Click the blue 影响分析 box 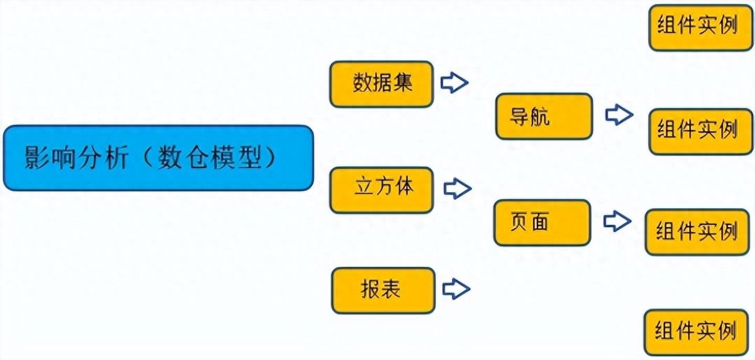[158, 158]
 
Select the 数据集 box [382, 84]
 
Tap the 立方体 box [382, 190]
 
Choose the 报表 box [383, 291]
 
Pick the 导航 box [544, 116]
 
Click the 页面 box [543, 223]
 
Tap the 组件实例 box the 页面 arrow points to [697, 232]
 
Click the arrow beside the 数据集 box [454, 82]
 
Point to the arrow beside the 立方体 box [457, 189]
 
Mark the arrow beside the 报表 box [456, 288]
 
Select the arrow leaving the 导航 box [619, 115]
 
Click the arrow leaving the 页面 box [617, 222]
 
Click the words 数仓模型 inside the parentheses [210, 157]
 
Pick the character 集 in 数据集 [402, 82]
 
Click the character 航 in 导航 [540, 117]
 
